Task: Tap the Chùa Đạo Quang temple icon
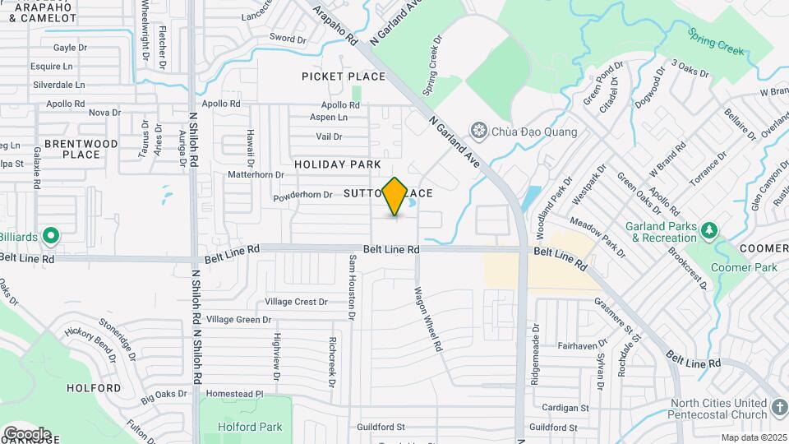pos(478,131)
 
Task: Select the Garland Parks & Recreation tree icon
pos(711,233)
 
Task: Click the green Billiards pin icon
pos(51,237)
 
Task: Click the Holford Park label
pos(251,427)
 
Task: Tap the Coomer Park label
pos(743,267)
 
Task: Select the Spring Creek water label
pos(716,43)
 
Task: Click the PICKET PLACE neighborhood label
pos(344,76)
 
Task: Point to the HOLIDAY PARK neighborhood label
pos(338,164)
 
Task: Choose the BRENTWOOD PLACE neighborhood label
pos(81,149)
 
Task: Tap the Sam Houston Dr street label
pos(352,286)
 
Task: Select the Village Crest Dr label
pos(296,302)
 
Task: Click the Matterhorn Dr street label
pos(256,174)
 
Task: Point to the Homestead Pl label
pos(234,394)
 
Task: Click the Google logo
pos(27,433)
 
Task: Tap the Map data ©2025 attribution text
pos(754,437)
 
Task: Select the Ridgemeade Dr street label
pos(535,345)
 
